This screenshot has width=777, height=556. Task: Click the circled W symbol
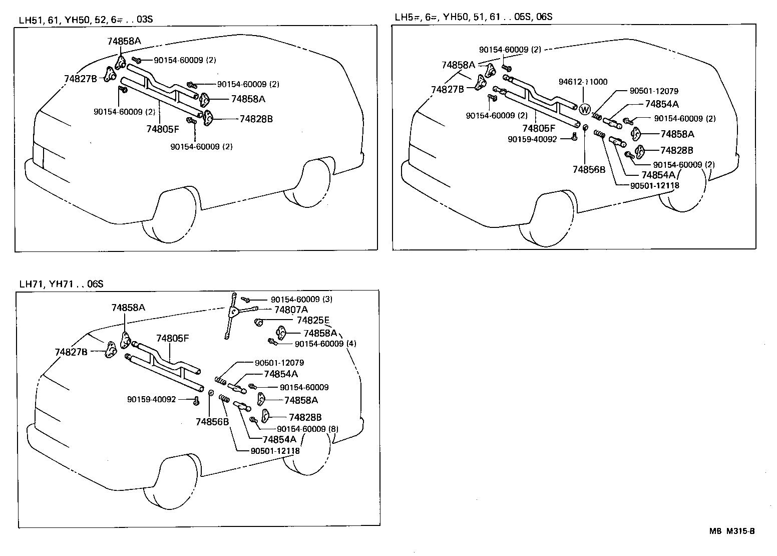pos(585,109)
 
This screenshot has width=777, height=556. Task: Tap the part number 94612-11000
pos(583,82)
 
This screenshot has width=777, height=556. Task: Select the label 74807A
pos(291,310)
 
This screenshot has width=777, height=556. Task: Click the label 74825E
pos(313,320)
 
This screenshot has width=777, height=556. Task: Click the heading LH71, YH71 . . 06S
pos(61,284)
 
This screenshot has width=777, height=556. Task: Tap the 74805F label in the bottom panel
pos(172,338)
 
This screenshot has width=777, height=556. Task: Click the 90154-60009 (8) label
pos(307,429)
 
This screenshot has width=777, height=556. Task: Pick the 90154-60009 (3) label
pos(301,299)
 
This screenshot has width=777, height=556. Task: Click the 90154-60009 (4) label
pos(325,344)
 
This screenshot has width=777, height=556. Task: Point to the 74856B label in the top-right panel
pos(589,169)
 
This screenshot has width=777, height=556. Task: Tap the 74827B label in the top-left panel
pos(80,78)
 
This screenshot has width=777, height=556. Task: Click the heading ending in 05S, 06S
pos(473,17)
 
